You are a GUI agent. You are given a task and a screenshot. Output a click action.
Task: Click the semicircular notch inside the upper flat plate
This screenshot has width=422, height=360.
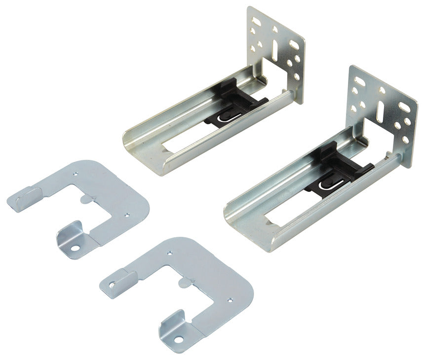coord(85,198)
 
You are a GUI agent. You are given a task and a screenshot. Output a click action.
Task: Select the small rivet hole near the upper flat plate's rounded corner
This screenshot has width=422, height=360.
coord(127,215)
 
